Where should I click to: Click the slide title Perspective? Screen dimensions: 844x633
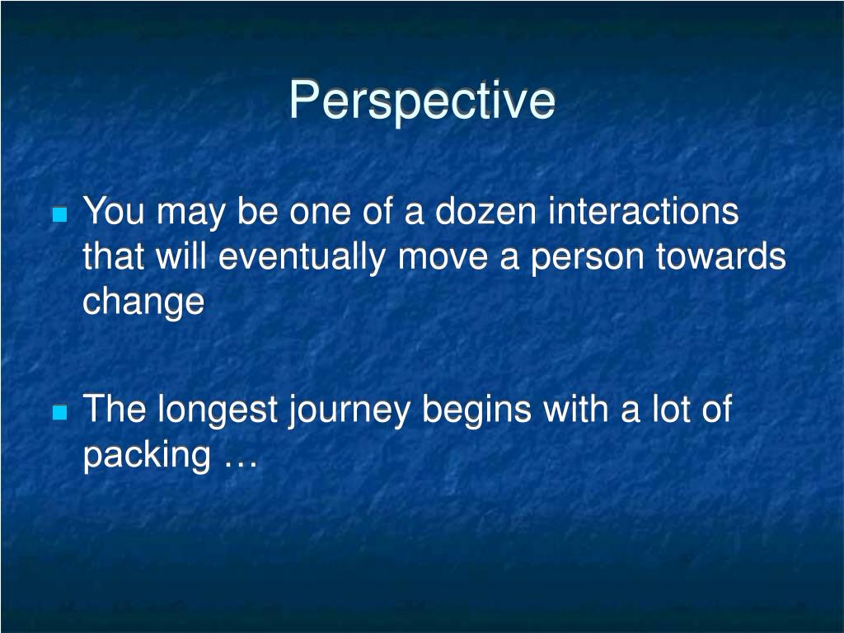tap(422, 101)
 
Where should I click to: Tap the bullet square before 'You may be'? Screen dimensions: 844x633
tap(60, 215)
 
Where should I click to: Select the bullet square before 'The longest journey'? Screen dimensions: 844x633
tap(60, 413)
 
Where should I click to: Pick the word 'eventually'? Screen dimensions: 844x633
tap(302, 257)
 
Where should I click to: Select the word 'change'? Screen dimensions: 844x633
tap(143, 302)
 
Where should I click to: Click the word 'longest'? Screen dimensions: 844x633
tap(218, 409)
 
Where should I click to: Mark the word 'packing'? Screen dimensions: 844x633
tap(147, 455)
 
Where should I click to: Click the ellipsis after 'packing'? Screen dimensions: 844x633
tap(240, 464)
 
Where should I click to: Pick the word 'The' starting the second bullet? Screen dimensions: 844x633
tap(114, 409)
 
